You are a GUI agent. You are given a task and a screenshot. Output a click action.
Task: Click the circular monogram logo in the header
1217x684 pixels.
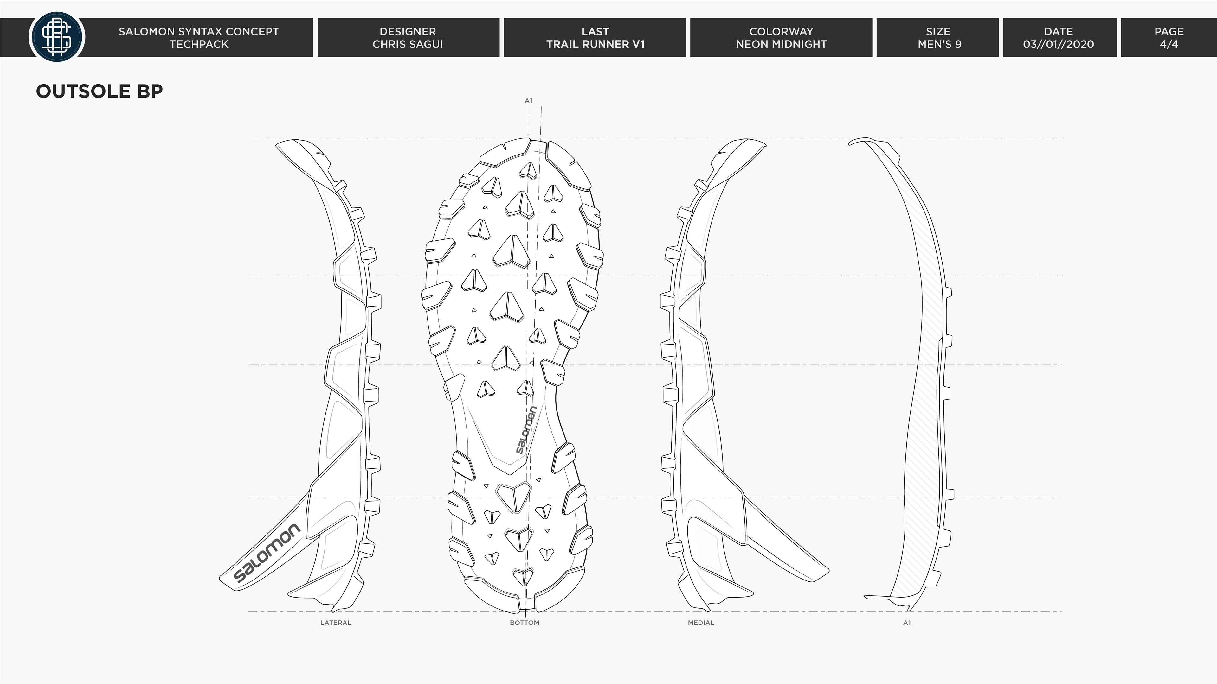[x=57, y=37]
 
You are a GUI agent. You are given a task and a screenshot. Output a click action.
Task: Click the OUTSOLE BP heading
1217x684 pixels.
[x=99, y=91]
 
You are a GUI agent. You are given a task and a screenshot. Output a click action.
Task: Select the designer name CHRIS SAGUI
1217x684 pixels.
[x=408, y=44]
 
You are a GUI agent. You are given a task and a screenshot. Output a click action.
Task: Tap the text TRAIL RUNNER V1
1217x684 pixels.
[x=595, y=44]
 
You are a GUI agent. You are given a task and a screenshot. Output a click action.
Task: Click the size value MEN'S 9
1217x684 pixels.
[x=939, y=44]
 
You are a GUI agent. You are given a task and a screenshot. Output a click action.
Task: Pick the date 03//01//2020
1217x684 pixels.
[x=1059, y=44]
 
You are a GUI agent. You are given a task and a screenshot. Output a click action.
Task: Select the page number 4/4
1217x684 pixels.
[x=1169, y=44]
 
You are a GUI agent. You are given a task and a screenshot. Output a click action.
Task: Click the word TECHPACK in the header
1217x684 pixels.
[x=199, y=44]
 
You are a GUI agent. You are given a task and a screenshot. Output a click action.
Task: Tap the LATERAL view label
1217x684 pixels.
[x=335, y=623]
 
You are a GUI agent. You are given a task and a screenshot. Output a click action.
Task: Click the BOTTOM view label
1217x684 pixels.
[x=525, y=623]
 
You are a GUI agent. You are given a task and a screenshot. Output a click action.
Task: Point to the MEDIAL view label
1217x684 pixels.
[x=701, y=623]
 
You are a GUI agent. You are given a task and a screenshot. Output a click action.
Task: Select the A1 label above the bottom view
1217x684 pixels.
[x=528, y=101]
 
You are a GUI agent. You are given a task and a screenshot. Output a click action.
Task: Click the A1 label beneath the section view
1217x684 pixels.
[x=907, y=623]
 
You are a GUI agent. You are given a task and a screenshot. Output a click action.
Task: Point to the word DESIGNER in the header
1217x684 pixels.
[x=408, y=32]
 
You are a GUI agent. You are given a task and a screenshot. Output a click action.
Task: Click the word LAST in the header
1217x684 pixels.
[x=595, y=32]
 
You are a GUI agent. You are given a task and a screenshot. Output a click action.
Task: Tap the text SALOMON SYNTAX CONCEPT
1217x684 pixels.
[x=199, y=32]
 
